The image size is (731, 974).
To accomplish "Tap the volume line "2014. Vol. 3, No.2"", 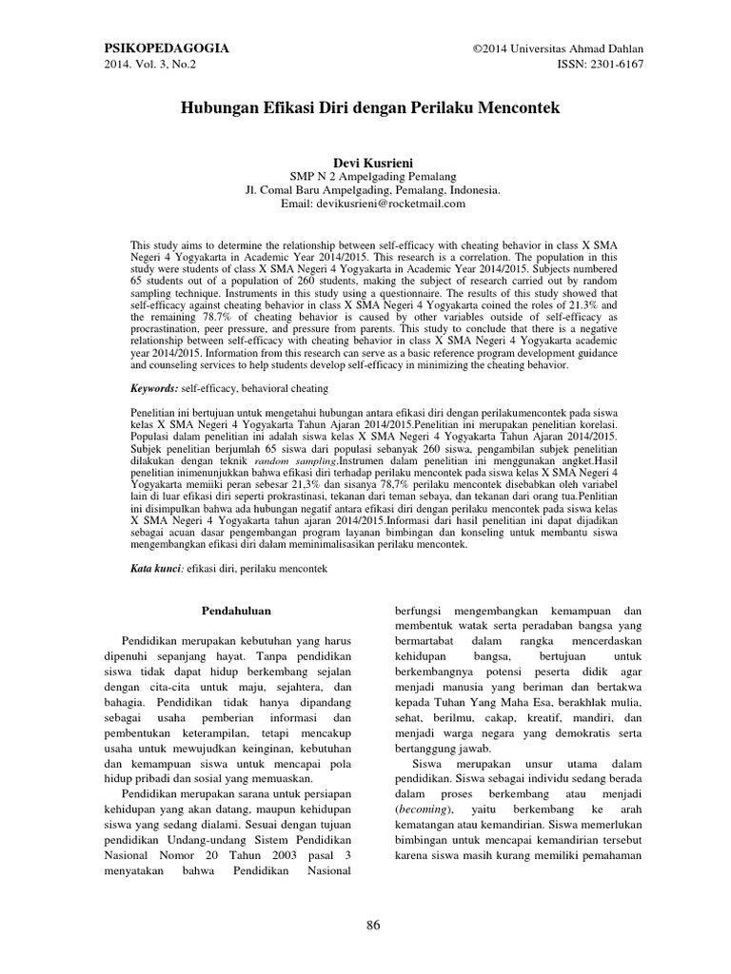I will point(150,65).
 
